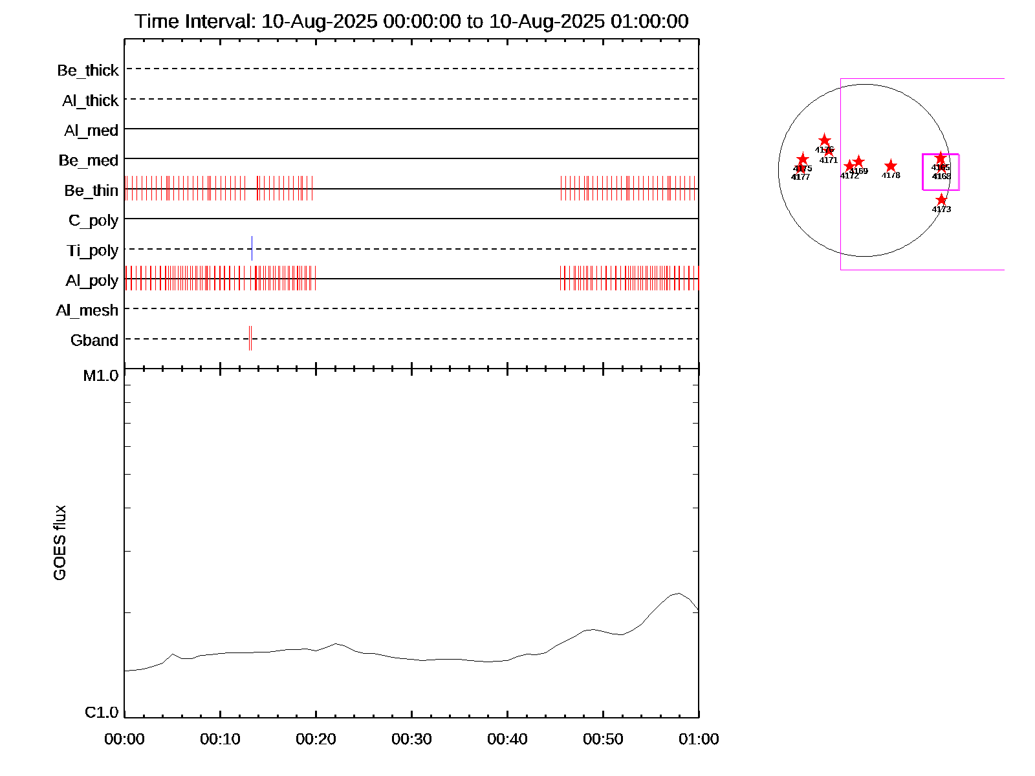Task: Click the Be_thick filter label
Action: [88, 70]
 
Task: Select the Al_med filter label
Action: [91, 131]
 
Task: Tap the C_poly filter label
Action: [93, 221]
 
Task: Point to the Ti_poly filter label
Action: [93, 250]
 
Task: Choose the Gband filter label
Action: [94, 340]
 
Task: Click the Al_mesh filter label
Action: [87, 310]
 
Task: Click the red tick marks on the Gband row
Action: [250, 338]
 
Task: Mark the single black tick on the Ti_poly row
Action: [252, 248]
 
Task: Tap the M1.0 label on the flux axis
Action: [101, 376]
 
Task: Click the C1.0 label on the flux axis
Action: [102, 713]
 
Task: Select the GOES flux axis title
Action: [60, 543]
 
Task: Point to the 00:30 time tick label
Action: [411, 739]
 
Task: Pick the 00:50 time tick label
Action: [603, 739]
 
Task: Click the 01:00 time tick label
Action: [699, 739]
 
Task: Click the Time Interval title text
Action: [411, 21]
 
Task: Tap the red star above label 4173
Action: [941, 200]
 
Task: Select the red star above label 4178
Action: [891, 166]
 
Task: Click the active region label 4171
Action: [829, 160]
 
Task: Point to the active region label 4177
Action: [800, 177]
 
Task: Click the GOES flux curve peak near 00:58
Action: [677, 593]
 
